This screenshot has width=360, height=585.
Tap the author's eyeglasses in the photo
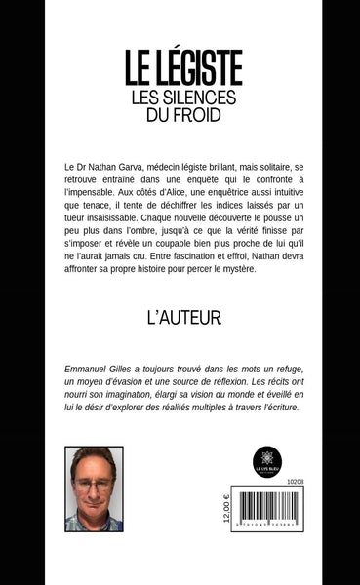click(94, 485)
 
